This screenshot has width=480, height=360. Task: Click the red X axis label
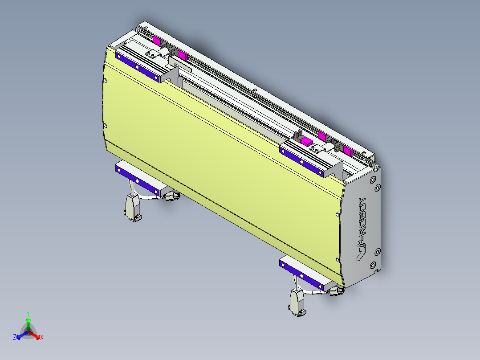coord(42,338)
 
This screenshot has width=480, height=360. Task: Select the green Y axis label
coord(28,313)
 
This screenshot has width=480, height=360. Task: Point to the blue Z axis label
coord(15,338)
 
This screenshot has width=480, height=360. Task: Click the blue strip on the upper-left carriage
coord(138,67)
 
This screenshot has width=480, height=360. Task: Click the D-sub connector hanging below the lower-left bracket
coord(132,207)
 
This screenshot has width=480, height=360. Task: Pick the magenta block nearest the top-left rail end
coord(156,40)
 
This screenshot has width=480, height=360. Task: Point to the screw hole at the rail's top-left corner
coord(106,81)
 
